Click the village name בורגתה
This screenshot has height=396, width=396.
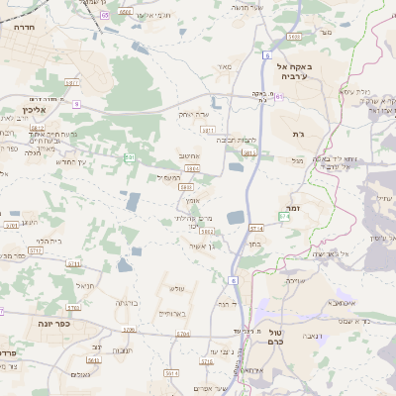coord(127,302)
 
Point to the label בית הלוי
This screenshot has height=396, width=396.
coord(49,241)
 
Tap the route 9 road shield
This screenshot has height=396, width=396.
coord(76,102)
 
